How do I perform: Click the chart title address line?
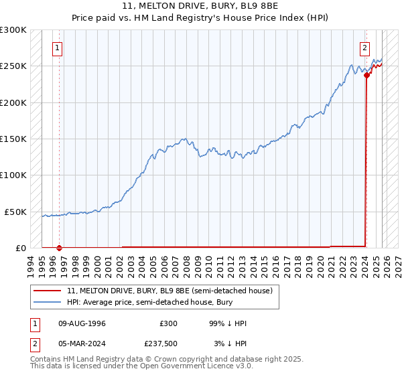(201, 7)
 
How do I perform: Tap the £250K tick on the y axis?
(13, 66)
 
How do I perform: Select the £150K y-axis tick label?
(13, 139)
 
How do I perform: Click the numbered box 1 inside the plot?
(58, 48)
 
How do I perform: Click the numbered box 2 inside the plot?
(364, 48)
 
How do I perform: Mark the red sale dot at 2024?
(366, 76)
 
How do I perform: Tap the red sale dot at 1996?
(59, 248)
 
